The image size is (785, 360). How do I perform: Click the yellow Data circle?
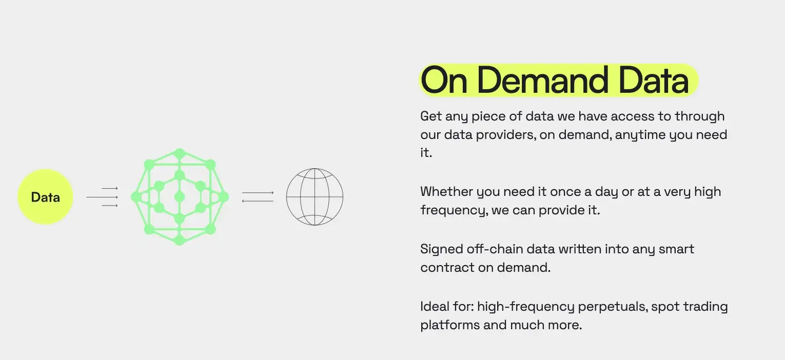(45, 197)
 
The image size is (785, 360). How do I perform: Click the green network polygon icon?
(180, 197)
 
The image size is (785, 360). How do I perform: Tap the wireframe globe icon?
(315, 197)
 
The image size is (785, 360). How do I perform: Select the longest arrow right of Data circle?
(102, 197)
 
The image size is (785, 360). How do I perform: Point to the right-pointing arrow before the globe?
(258, 193)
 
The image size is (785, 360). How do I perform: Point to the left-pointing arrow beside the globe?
(258, 201)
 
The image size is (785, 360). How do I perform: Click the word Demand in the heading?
(542, 80)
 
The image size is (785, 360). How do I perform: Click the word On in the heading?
(444, 80)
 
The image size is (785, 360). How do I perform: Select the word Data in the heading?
(654, 80)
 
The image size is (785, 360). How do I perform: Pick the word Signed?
(442, 250)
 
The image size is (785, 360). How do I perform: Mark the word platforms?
(450, 325)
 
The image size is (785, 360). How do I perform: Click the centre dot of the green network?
(180, 197)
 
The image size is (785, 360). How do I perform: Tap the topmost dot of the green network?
(180, 153)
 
